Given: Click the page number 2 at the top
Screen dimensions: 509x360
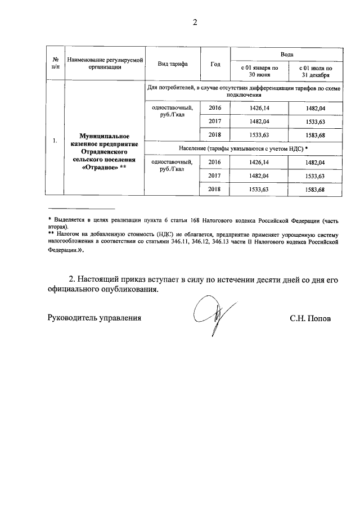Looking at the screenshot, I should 180,23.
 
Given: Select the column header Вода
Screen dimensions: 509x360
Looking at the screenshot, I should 286,53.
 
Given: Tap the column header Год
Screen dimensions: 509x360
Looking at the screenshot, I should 215,64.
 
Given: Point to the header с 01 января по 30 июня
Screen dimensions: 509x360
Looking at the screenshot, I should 259,70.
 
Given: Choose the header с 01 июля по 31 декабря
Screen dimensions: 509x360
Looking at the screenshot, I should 314,70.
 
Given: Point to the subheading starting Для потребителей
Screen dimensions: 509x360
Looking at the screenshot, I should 244,92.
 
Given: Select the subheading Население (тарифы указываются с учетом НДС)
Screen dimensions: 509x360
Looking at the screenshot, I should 244,149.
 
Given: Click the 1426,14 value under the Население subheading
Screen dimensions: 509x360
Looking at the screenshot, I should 259,163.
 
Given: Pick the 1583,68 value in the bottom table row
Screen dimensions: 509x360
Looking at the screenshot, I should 314,190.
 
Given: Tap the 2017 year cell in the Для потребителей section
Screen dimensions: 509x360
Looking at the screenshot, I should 215,121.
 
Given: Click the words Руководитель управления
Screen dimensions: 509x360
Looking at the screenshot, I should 93,318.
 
